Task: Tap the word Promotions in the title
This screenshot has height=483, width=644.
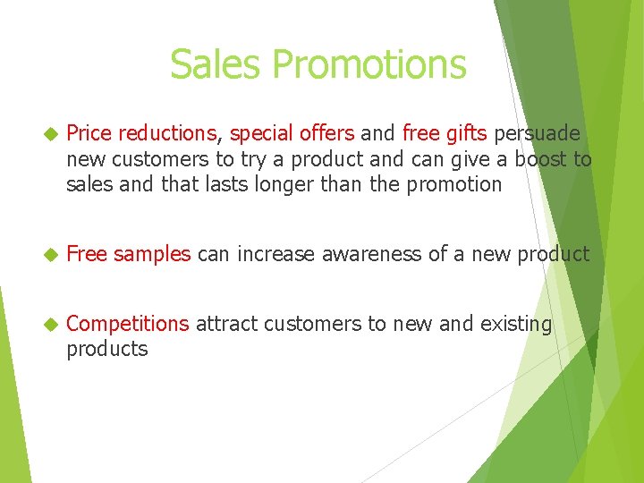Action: (369, 64)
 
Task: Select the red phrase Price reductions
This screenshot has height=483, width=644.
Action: (141, 134)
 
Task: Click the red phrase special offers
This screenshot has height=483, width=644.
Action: (292, 134)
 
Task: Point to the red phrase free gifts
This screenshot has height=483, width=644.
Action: (445, 134)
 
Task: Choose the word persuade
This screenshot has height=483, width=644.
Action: (537, 134)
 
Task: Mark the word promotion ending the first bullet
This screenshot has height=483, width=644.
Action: (456, 185)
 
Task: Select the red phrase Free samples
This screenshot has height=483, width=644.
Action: (128, 254)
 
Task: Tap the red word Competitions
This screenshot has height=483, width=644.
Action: (127, 324)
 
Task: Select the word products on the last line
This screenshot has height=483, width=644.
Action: (106, 349)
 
